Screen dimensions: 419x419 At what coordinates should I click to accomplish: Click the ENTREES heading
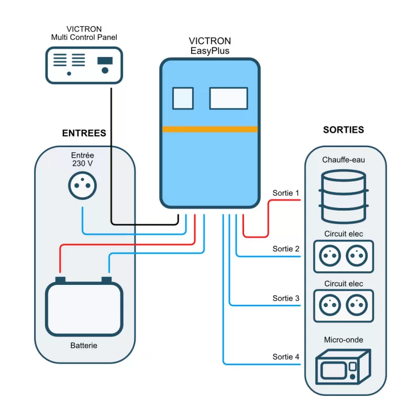[84, 133]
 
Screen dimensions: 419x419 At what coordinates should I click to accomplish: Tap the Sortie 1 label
[285, 193]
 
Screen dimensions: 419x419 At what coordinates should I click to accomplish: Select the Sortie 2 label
[285, 249]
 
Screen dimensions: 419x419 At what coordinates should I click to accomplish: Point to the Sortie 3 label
[285, 298]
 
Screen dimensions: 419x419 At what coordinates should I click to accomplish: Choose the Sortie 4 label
[285, 357]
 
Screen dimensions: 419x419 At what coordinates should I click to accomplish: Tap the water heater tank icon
[343, 196]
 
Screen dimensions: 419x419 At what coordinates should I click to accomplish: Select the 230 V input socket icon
[84, 185]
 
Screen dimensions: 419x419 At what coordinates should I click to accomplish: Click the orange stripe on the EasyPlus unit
[210, 129]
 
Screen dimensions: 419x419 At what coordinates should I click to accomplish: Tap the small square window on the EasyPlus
[183, 98]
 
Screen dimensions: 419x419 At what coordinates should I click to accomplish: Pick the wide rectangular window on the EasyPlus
[229, 98]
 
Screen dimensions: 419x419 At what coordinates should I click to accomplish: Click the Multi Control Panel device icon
[84, 65]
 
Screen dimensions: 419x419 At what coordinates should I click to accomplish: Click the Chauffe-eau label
[343, 160]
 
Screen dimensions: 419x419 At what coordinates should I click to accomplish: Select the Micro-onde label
[343, 340]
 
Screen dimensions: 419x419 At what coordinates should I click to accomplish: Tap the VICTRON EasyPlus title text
[209, 46]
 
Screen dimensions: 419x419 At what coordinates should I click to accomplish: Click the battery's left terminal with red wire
[60, 280]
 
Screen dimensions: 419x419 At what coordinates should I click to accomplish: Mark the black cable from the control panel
[112, 157]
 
